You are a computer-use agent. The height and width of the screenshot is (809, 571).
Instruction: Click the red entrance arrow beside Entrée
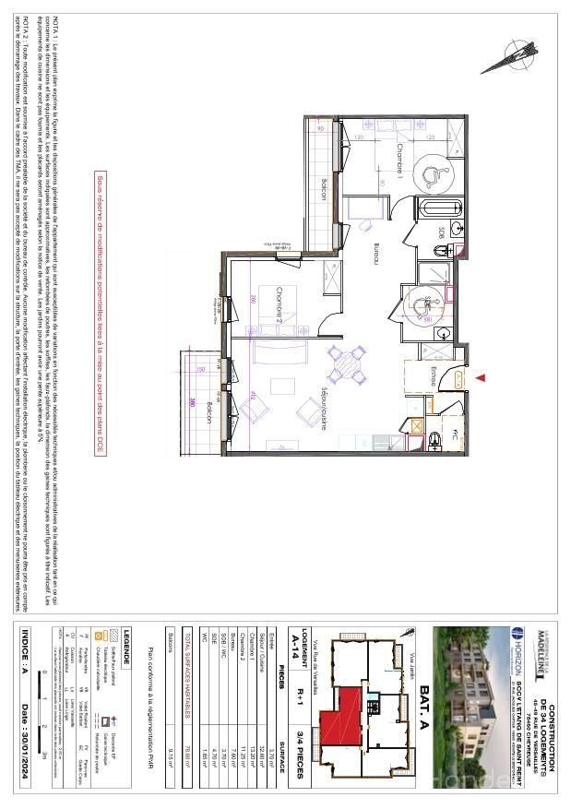(480, 377)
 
